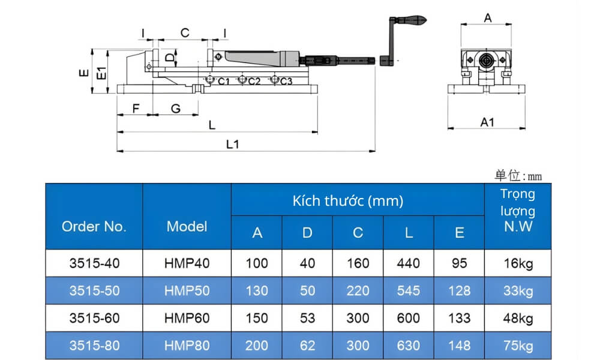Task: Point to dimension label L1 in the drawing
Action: point(232,145)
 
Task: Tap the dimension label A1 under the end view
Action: point(487,122)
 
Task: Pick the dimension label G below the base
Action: point(175,109)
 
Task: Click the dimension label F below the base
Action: point(136,109)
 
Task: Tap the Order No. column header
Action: point(94,227)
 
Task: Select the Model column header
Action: point(187,227)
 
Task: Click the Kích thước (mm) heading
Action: point(348,200)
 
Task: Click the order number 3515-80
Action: point(94,346)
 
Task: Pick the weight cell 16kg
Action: point(518,263)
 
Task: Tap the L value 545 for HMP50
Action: point(409,291)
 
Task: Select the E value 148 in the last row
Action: point(459,346)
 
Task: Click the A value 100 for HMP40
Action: point(257,263)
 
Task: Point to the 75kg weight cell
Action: point(518,346)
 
